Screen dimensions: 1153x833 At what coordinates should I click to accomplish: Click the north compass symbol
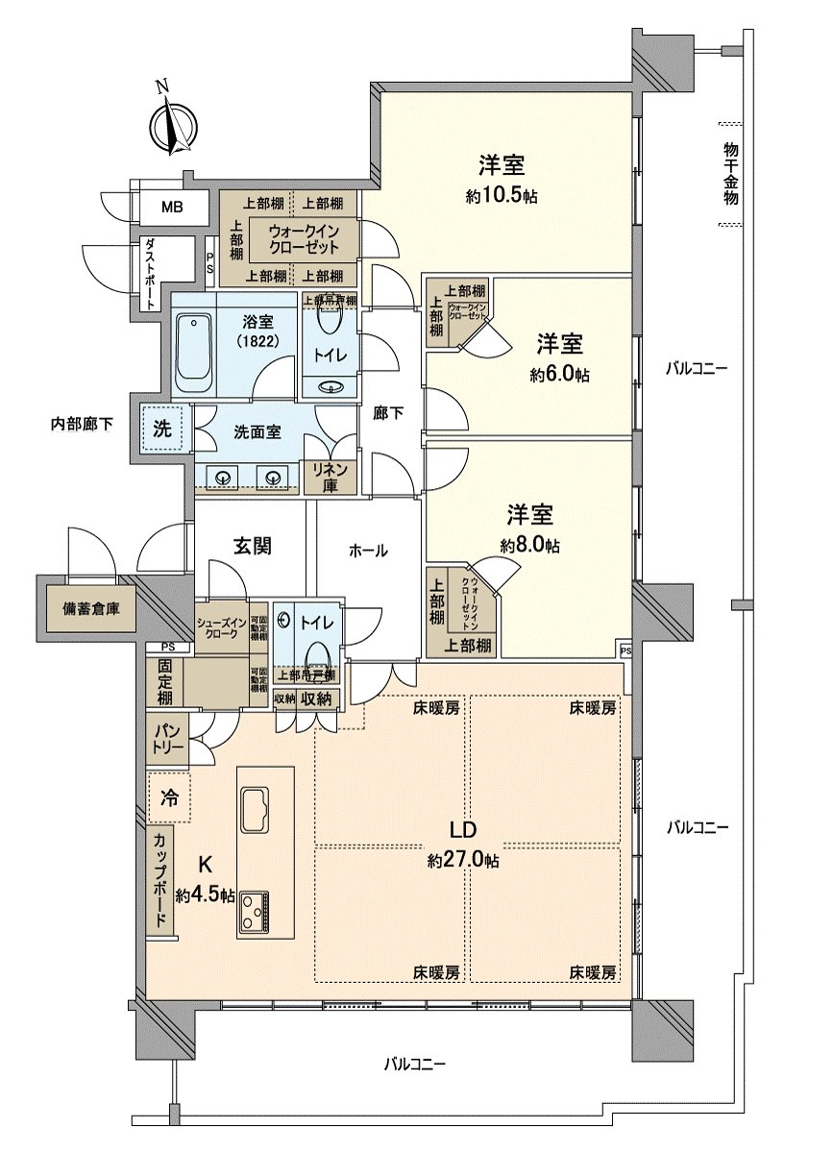click(x=173, y=124)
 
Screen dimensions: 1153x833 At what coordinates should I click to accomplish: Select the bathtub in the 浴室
click(x=194, y=353)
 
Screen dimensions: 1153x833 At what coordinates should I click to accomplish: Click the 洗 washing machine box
click(x=163, y=429)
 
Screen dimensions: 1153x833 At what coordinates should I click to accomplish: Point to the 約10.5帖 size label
click(x=501, y=196)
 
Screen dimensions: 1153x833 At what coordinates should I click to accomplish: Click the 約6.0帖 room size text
click(x=559, y=375)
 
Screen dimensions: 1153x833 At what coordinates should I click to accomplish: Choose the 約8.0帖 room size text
click(x=530, y=545)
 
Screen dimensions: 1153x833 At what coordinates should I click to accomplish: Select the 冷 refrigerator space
click(x=169, y=797)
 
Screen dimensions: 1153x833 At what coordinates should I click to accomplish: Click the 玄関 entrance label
click(x=251, y=546)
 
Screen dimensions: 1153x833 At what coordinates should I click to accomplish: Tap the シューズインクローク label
click(x=221, y=626)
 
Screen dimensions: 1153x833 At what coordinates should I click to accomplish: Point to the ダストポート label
click(x=150, y=274)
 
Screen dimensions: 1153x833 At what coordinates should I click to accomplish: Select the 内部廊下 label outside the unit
click(x=82, y=423)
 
